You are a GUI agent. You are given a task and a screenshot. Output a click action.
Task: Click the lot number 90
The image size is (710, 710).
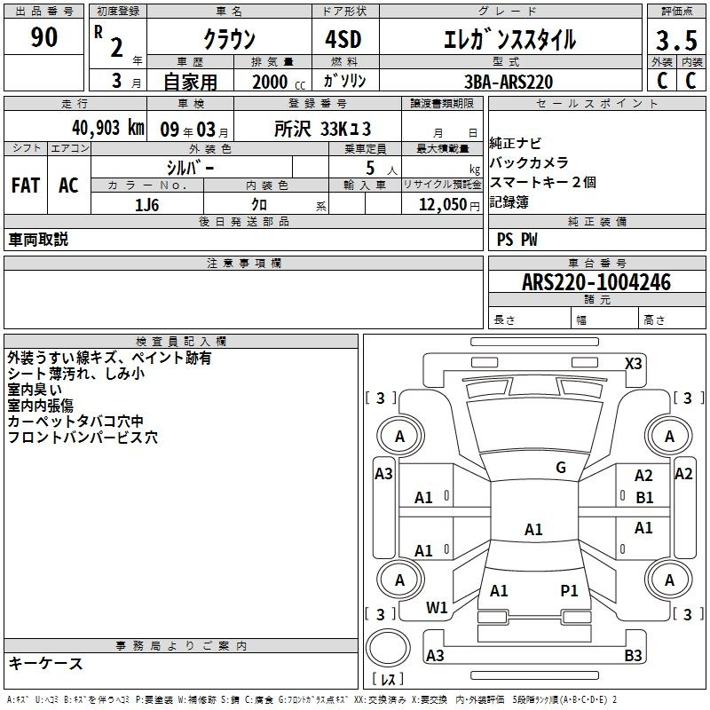[43, 36]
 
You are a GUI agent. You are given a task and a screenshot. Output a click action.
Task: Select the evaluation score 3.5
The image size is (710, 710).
[676, 40]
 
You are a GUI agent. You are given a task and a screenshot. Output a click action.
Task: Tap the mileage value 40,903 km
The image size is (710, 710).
[108, 128]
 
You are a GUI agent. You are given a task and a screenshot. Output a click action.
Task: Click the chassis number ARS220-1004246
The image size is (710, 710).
[596, 282]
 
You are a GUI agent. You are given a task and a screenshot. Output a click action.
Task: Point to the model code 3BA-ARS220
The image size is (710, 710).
[509, 82]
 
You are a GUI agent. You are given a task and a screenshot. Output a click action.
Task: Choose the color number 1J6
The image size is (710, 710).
[146, 205]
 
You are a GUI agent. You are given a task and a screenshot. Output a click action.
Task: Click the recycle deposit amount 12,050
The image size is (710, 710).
[443, 204]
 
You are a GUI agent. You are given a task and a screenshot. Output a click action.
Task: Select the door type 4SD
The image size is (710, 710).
[343, 39]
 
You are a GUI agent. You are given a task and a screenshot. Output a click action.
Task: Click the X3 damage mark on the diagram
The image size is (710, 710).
[633, 363]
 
